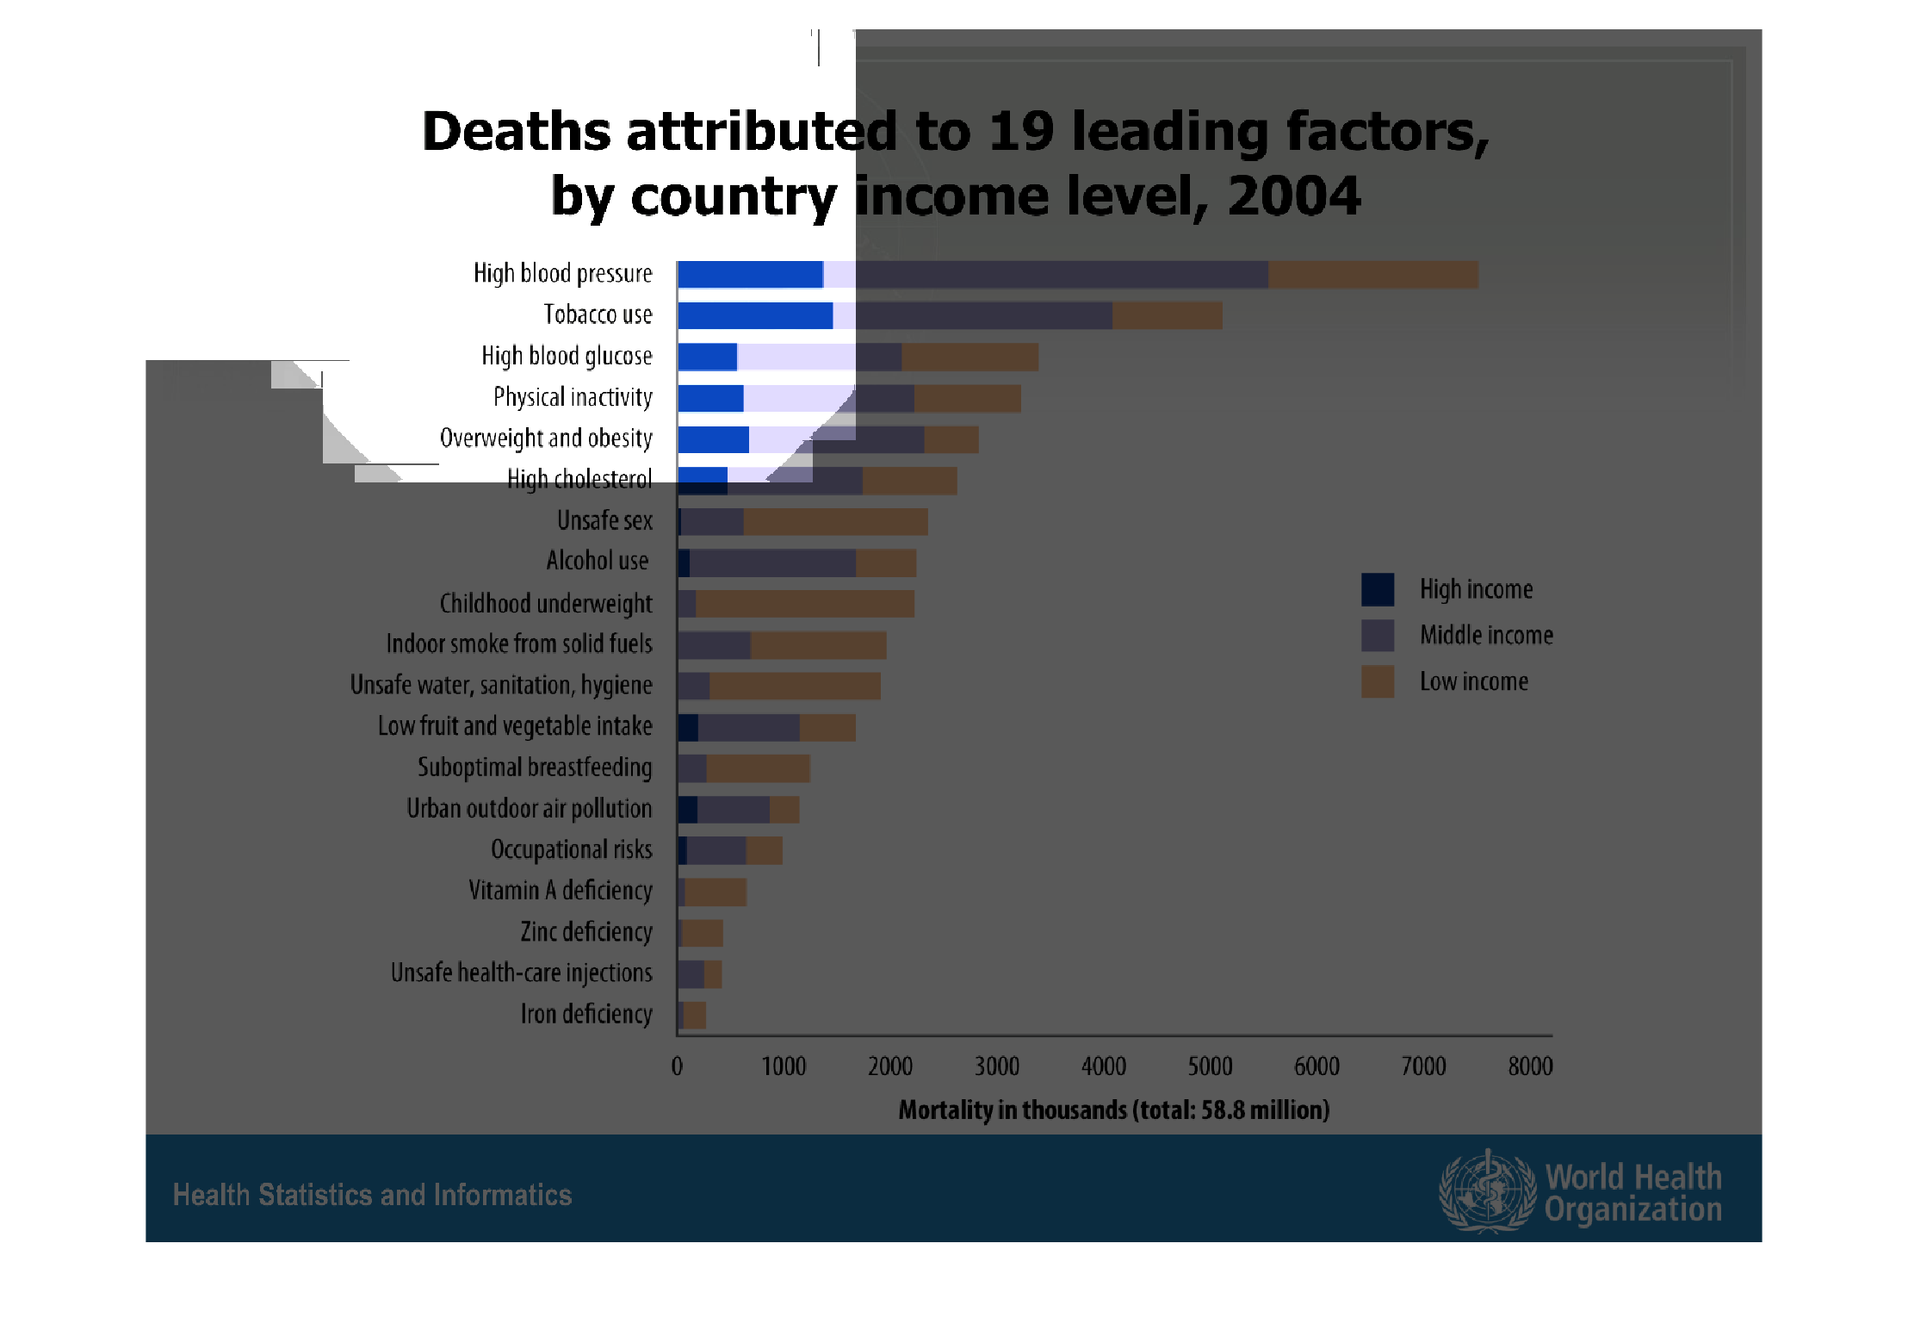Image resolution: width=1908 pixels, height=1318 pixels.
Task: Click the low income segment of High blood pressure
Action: point(1372,275)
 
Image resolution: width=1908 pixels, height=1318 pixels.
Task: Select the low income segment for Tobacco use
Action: point(1167,315)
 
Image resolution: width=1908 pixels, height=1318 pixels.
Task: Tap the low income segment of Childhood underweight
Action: point(804,604)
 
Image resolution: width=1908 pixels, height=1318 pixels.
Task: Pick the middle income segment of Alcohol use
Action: point(772,563)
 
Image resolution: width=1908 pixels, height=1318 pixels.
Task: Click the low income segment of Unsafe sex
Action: point(835,522)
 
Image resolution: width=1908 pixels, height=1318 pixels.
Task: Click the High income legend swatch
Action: point(1377,589)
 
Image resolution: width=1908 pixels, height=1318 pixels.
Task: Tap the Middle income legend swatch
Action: point(1377,636)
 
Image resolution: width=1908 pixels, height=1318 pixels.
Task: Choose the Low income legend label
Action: point(1473,681)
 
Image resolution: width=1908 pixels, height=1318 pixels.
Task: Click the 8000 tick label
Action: point(1530,1066)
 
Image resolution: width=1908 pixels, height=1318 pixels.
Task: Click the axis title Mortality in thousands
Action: point(1113,1110)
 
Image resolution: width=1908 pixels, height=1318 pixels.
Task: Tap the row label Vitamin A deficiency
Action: point(560,890)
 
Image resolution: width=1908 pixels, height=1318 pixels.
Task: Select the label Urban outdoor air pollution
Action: point(529,808)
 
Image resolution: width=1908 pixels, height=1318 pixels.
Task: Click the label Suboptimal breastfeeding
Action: point(535,767)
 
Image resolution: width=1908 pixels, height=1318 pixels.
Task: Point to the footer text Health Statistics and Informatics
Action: point(372,1195)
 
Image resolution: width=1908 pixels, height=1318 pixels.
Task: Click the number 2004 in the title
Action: point(1293,196)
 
